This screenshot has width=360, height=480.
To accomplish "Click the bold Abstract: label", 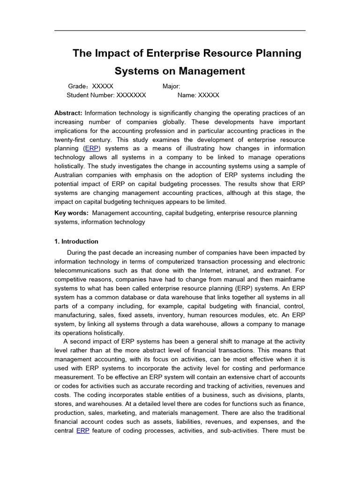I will click(68, 113).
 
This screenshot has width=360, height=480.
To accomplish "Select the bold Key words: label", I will click(71, 213).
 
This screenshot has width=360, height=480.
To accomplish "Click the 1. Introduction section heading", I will click(76, 241).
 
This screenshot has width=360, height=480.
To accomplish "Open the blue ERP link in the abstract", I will click(91, 149).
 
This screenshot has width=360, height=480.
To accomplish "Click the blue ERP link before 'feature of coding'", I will click(82, 430).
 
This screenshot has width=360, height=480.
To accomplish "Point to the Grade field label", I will click(77, 86).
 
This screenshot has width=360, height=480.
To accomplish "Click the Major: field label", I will click(171, 86).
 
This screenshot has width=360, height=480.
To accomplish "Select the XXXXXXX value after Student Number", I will click(131, 95).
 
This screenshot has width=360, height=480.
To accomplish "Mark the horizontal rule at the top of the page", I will click(180, 31).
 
